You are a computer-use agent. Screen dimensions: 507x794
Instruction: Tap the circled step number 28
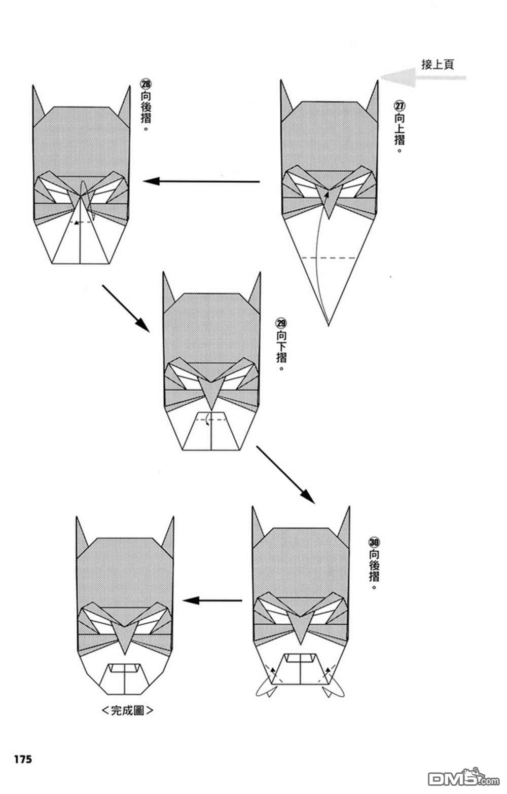tap(146, 84)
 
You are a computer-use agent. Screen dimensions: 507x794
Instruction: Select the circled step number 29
tap(281, 323)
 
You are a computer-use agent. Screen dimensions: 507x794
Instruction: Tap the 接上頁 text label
tap(438, 64)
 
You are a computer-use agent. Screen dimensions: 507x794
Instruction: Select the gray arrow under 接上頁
tap(423, 78)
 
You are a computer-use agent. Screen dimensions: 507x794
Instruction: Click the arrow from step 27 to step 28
tap(201, 181)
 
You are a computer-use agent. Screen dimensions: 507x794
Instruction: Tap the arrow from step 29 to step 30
tap(285, 475)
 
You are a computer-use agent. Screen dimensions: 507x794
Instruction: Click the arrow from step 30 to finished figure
tap(212, 600)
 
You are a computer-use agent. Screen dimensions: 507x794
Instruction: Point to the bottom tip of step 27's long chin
tap(328, 325)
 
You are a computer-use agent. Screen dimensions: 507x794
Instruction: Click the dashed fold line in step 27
tap(329, 258)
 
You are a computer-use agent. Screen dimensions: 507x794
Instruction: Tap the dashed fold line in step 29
tap(211, 420)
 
